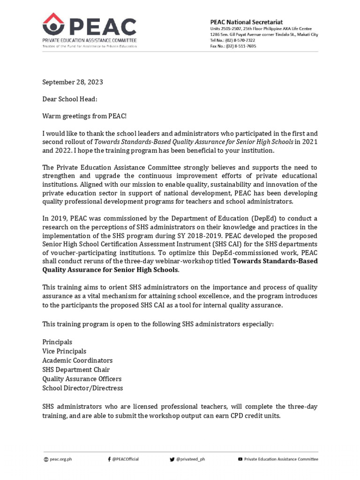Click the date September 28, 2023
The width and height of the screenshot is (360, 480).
72,82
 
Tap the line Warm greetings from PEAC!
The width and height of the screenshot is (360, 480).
84,115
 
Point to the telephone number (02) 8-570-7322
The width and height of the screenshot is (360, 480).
239,40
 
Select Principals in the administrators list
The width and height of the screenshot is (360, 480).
57,342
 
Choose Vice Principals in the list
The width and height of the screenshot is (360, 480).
64,351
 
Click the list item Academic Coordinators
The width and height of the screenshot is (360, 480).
77,360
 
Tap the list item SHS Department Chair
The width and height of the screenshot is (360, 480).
76,369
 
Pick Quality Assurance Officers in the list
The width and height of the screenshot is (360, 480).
82,379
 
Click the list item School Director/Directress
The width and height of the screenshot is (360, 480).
82,388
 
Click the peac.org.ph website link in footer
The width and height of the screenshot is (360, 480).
61,459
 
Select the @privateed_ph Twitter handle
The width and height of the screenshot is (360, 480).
190,459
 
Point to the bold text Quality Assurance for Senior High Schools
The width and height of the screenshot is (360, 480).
111,270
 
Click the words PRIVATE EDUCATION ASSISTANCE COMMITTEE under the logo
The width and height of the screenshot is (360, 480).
90,41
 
